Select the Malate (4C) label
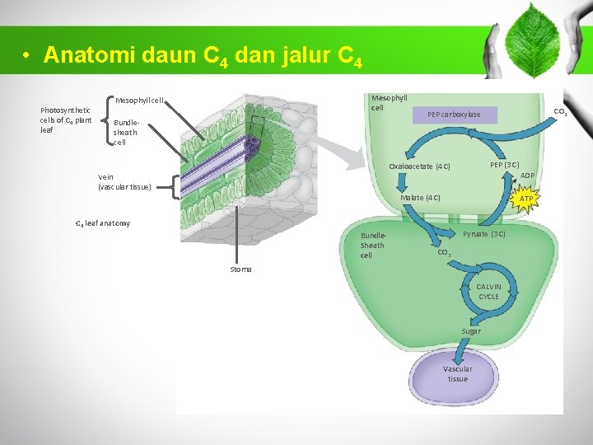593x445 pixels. click(420, 198)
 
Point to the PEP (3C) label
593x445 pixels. click(504, 165)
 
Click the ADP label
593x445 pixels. click(528, 176)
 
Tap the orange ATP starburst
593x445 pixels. click(526, 199)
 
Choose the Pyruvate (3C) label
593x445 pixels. click(484, 235)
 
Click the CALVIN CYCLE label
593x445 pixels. click(488, 292)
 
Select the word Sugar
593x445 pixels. click(471, 331)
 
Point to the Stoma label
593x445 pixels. click(241, 269)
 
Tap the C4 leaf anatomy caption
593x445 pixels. click(103, 223)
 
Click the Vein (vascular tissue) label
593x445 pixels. click(124, 182)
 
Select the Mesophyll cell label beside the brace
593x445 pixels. click(140, 101)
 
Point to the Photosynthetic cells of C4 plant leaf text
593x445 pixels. click(66, 120)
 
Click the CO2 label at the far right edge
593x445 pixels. click(560, 112)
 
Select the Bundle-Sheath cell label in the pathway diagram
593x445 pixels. click(371, 245)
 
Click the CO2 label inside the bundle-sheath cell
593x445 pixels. click(443, 253)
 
